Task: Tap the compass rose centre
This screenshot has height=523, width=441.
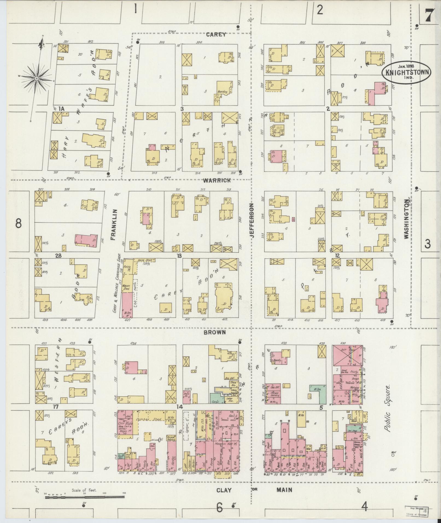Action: click(36, 79)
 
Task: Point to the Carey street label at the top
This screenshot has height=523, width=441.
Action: click(216, 34)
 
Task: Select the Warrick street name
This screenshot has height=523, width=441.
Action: click(217, 180)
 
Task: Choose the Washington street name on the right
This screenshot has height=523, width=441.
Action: click(407, 219)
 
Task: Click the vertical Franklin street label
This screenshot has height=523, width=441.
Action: click(114, 225)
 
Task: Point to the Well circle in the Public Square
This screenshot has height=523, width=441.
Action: click(393, 455)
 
